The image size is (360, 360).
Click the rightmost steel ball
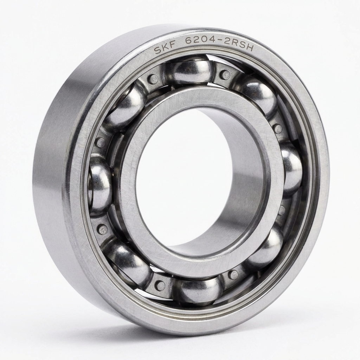291,168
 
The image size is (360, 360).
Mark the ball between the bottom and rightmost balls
265,246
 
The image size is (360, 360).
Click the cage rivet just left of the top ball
153,79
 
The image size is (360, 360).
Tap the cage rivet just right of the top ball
225,75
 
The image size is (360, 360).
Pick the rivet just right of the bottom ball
233,275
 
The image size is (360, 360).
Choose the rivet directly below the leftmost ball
103,230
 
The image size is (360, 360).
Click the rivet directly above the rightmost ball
278,129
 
